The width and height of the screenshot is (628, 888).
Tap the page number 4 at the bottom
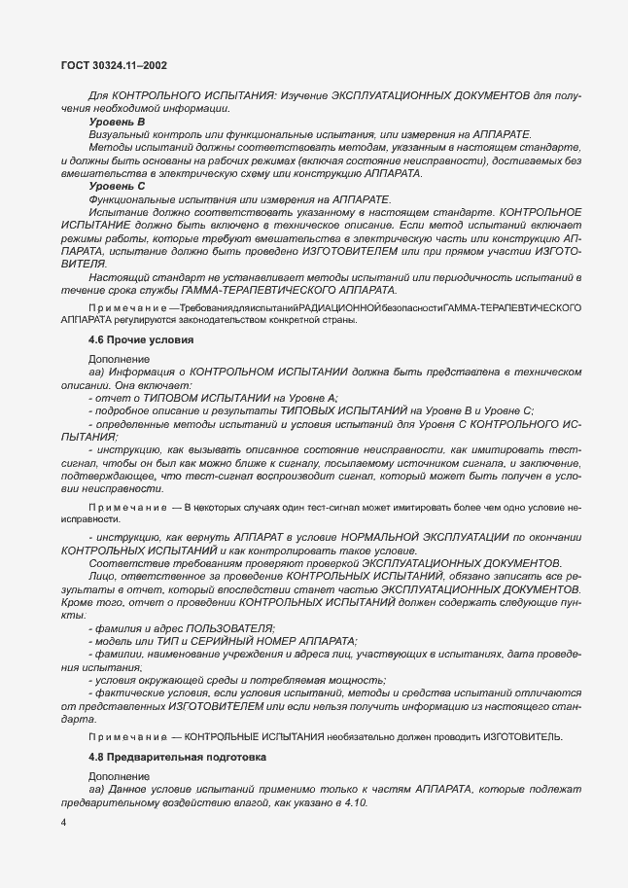click(x=63, y=824)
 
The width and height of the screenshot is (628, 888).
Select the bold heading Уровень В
click(x=117, y=122)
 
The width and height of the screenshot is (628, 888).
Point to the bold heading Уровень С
click(x=117, y=185)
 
